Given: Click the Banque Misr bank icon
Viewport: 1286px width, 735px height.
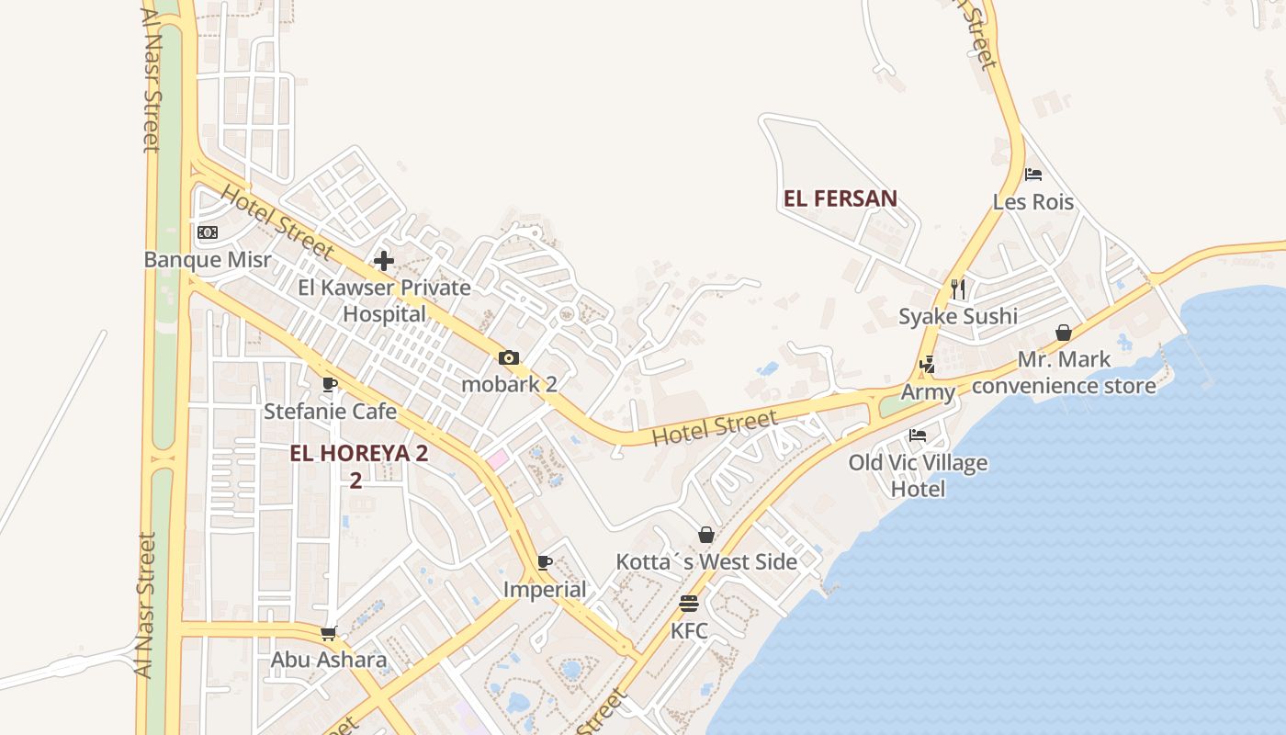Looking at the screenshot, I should point(208,232).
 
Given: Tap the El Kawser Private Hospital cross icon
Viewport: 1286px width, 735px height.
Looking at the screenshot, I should point(384,260).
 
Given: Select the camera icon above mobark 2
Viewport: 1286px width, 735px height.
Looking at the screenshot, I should point(509,358).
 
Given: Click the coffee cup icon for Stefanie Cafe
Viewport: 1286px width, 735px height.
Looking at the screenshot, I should point(330,384).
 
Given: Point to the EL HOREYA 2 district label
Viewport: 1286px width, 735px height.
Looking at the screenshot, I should point(358,454).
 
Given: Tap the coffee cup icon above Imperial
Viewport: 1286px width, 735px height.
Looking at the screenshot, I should point(545,562).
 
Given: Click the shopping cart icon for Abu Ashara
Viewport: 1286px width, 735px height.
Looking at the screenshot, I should point(329,633).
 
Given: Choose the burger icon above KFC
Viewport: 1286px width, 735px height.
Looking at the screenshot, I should point(689,604).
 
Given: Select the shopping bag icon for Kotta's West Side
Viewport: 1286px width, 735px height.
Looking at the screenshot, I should point(706,535).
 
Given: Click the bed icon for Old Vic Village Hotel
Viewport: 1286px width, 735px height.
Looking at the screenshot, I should point(918,435).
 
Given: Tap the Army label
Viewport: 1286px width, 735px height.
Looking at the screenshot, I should point(928,392).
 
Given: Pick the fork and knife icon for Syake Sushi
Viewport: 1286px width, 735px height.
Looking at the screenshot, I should point(958,289).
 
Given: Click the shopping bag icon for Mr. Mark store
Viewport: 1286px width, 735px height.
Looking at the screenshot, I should point(1064,333).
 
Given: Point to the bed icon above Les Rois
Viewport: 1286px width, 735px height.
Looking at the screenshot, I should point(1033,175).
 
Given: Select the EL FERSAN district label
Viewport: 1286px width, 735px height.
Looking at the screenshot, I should point(840,198).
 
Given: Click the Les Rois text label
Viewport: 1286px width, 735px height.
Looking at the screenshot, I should point(1033,202).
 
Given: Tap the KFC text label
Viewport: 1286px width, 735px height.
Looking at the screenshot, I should point(689,631).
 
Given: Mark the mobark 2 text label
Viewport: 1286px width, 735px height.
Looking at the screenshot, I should point(509,384).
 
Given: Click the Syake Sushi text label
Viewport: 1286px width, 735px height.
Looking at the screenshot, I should point(958,317).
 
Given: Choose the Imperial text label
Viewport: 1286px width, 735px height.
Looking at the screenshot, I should point(545,590).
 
